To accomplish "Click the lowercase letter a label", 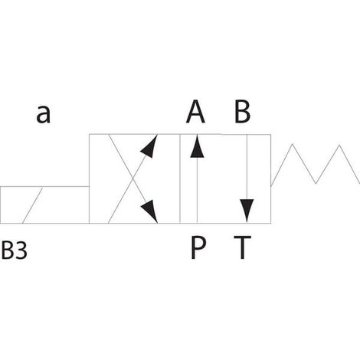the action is (44, 114).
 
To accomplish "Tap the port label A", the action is (195, 112).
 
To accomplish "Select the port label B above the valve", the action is (242, 112).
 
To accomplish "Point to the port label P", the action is (198, 247).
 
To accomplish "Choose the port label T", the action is (243, 247).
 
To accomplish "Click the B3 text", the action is (15, 250).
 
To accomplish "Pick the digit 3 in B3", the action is (21, 250).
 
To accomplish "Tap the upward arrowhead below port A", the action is (197, 146).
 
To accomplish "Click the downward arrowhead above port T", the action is (247, 211).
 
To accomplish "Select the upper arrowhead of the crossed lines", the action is (150, 146).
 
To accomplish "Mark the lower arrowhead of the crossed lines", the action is (150, 211).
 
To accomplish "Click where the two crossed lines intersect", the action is (133, 178).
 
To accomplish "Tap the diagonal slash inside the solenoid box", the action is (32, 205).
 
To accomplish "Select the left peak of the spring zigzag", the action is (293, 144).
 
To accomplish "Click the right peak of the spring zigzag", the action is (339, 146).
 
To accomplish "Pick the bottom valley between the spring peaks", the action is (316, 183).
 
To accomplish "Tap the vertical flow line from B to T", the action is (247, 178).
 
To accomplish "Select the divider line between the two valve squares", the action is (180, 178).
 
